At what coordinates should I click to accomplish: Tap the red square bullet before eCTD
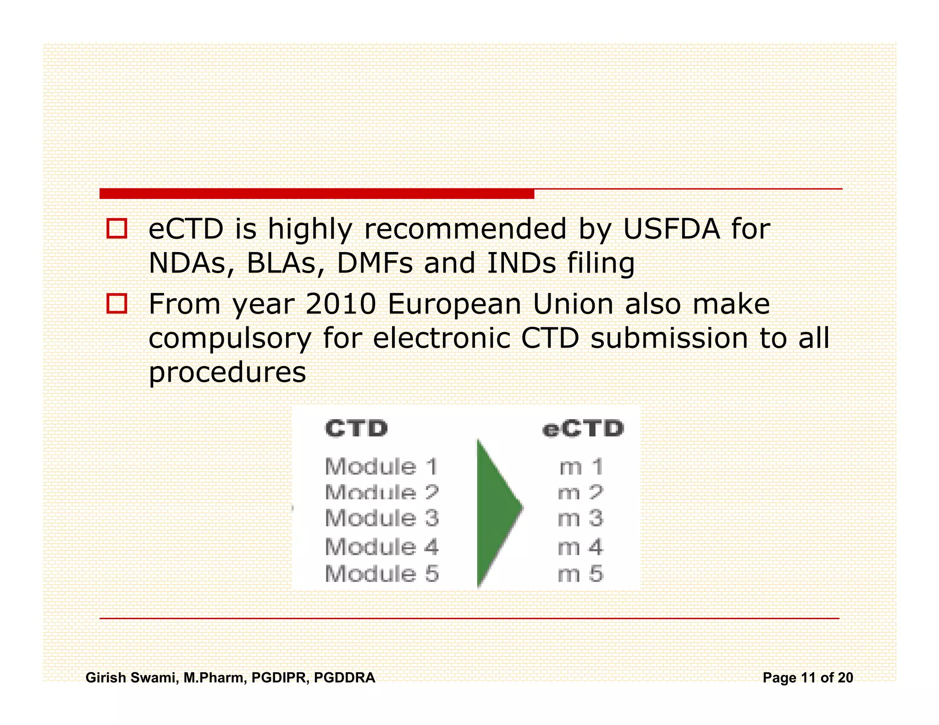coord(116,228)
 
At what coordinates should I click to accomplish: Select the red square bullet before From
coord(116,303)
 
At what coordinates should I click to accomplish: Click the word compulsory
coord(230,339)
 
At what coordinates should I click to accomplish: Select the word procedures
coord(227,373)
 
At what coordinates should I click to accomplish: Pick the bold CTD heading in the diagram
coord(356,429)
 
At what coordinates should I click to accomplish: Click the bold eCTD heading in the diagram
coord(583,429)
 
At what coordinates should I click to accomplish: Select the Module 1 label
coord(381,467)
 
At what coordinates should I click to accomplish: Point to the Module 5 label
coord(381,574)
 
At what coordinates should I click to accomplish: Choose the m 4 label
coord(580,547)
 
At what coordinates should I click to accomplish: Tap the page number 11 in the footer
coord(808,677)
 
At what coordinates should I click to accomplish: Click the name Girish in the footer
coord(106,677)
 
